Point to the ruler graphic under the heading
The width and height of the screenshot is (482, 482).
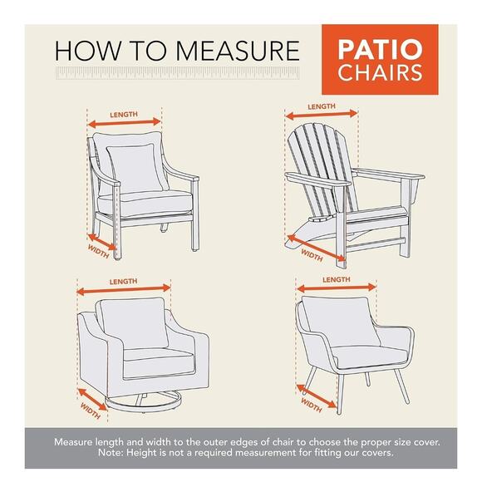coord(175,74)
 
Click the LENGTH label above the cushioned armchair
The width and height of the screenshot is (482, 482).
coord(123,115)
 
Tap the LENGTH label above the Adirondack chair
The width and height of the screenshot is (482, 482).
coord(321,106)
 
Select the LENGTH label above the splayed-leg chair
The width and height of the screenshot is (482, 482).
coord(335,280)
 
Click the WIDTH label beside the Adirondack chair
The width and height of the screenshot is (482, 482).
coord(312,252)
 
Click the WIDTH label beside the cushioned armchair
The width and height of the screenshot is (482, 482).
coord(99,250)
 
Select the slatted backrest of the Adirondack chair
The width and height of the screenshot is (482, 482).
coord(320,158)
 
